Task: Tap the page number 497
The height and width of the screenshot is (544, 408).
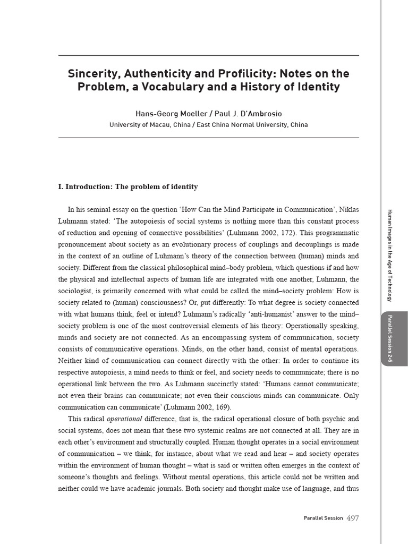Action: click(x=352, y=517)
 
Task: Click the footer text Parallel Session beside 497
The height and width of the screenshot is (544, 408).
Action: click(x=323, y=518)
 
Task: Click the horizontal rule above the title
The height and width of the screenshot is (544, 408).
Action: click(x=208, y=55)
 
